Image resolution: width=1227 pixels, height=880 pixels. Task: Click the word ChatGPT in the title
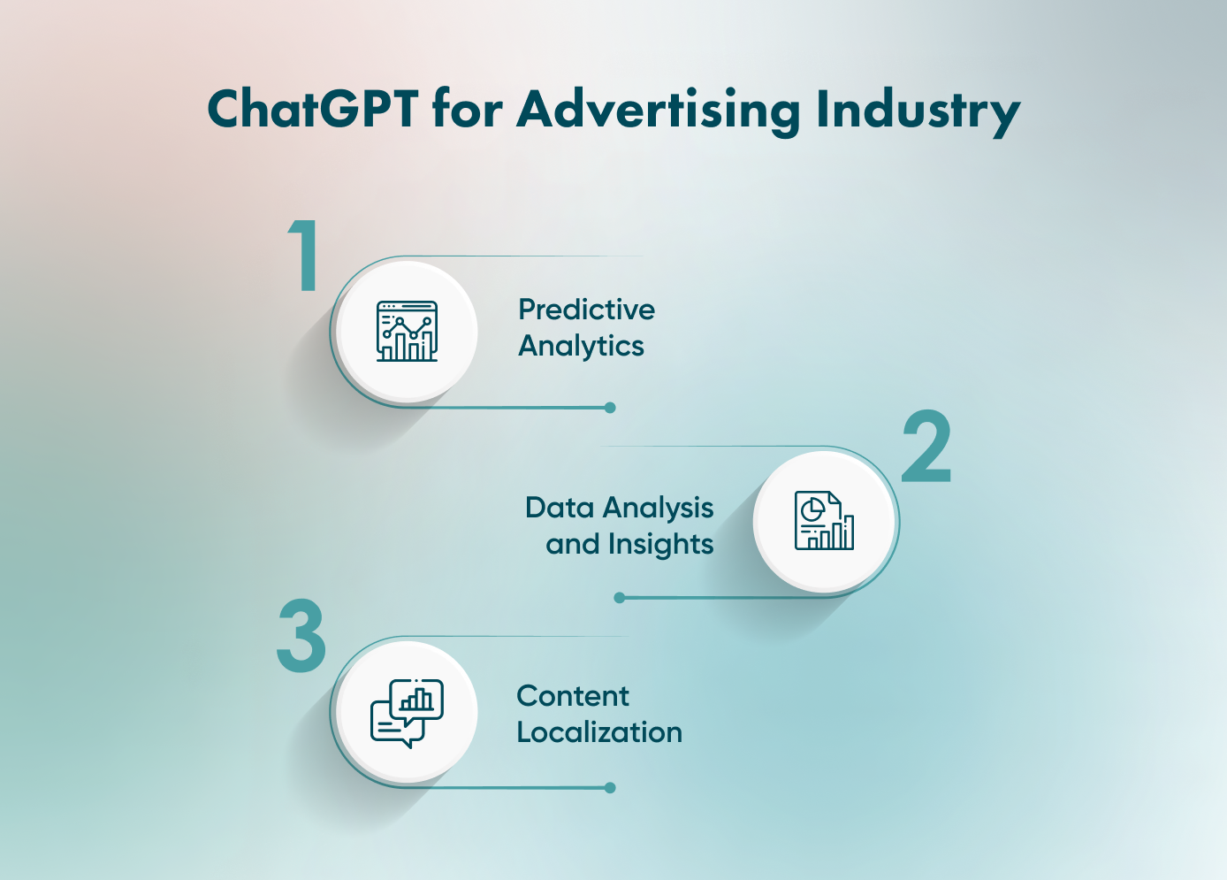(x=313, y=109)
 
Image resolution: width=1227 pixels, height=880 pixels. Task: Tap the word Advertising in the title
(x=658, y=112)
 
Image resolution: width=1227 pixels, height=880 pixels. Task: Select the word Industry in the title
(x=918, y=112)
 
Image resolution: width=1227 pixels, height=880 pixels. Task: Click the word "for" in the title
(x=468, y=109)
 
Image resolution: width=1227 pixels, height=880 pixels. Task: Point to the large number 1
(x=304, y=255)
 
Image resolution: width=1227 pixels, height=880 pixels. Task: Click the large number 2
(x=926, y=446)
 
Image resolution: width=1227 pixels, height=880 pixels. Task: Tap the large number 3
(x=301, y=635)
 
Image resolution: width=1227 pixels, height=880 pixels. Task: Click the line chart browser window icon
(x=407, y=331)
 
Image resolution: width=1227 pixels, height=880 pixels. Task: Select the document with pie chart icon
(x=824, y=521)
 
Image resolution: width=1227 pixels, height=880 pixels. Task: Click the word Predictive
(x=587, y=310)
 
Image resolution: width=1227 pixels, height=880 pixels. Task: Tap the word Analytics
(x=581, y=347)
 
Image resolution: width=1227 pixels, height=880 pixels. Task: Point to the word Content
(x=573, y=696)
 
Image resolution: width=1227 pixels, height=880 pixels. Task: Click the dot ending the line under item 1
(x=610, y=408)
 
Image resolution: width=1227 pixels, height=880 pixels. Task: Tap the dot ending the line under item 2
(x=620, y=598)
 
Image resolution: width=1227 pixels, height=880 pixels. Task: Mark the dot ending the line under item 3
(x=610, y=788)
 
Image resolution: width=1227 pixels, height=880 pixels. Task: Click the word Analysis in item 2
(x=659, y=509)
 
